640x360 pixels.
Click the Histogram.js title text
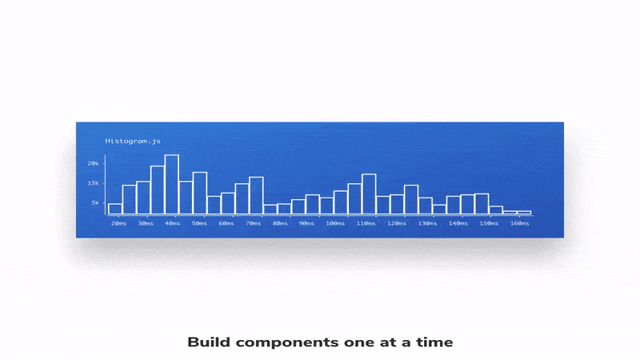click(133, 142)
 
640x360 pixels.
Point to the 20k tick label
click(93, 163)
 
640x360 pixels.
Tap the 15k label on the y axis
click(93, 183)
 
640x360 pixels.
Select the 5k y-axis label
click(95, 203)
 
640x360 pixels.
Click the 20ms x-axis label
click(118, 223)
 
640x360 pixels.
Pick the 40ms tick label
click(172, 223)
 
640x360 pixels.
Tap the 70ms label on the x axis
click(253, 223)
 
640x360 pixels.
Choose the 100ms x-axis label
click(335, 223)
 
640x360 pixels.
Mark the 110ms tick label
click(366, 223)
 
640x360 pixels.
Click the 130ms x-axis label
click(427, 223)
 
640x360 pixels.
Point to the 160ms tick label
click(519, 223)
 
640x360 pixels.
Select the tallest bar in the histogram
click(171, 185)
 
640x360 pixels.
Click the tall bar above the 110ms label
click(369, 194)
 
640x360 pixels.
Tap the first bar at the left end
click(115, 209)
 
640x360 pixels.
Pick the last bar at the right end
click(524, 212)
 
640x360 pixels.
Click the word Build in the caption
click(209, 342)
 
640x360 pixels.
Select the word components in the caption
click(287, 343)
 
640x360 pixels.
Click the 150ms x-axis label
click(489, 223)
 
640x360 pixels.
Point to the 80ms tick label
click(280, 223)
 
